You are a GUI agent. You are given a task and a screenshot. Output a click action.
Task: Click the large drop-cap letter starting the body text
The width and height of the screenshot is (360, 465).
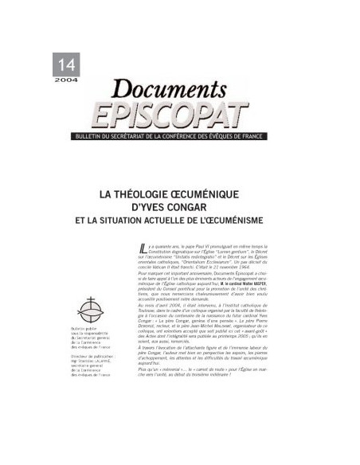pyautogui.click(x=131, y=250)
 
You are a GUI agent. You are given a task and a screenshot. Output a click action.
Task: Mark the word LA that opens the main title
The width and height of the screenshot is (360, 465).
pyautogui.click(x=104, y=192)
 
